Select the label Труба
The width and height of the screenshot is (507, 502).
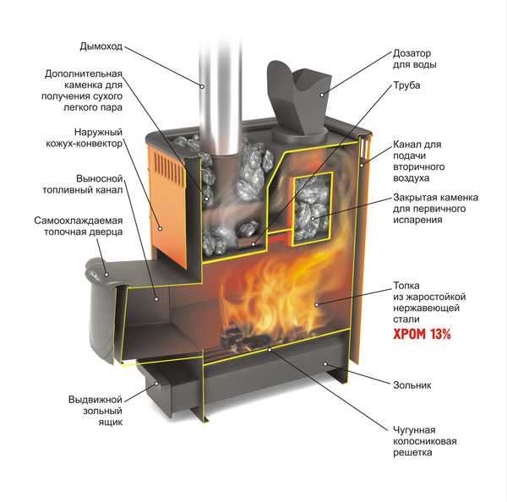pyautogui.click(x=407, y=85)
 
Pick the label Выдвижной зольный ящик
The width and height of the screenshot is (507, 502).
pyautogui.click(x=96, y=409)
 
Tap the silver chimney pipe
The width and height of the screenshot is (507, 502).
pyautogui.click(x=215, y=93)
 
